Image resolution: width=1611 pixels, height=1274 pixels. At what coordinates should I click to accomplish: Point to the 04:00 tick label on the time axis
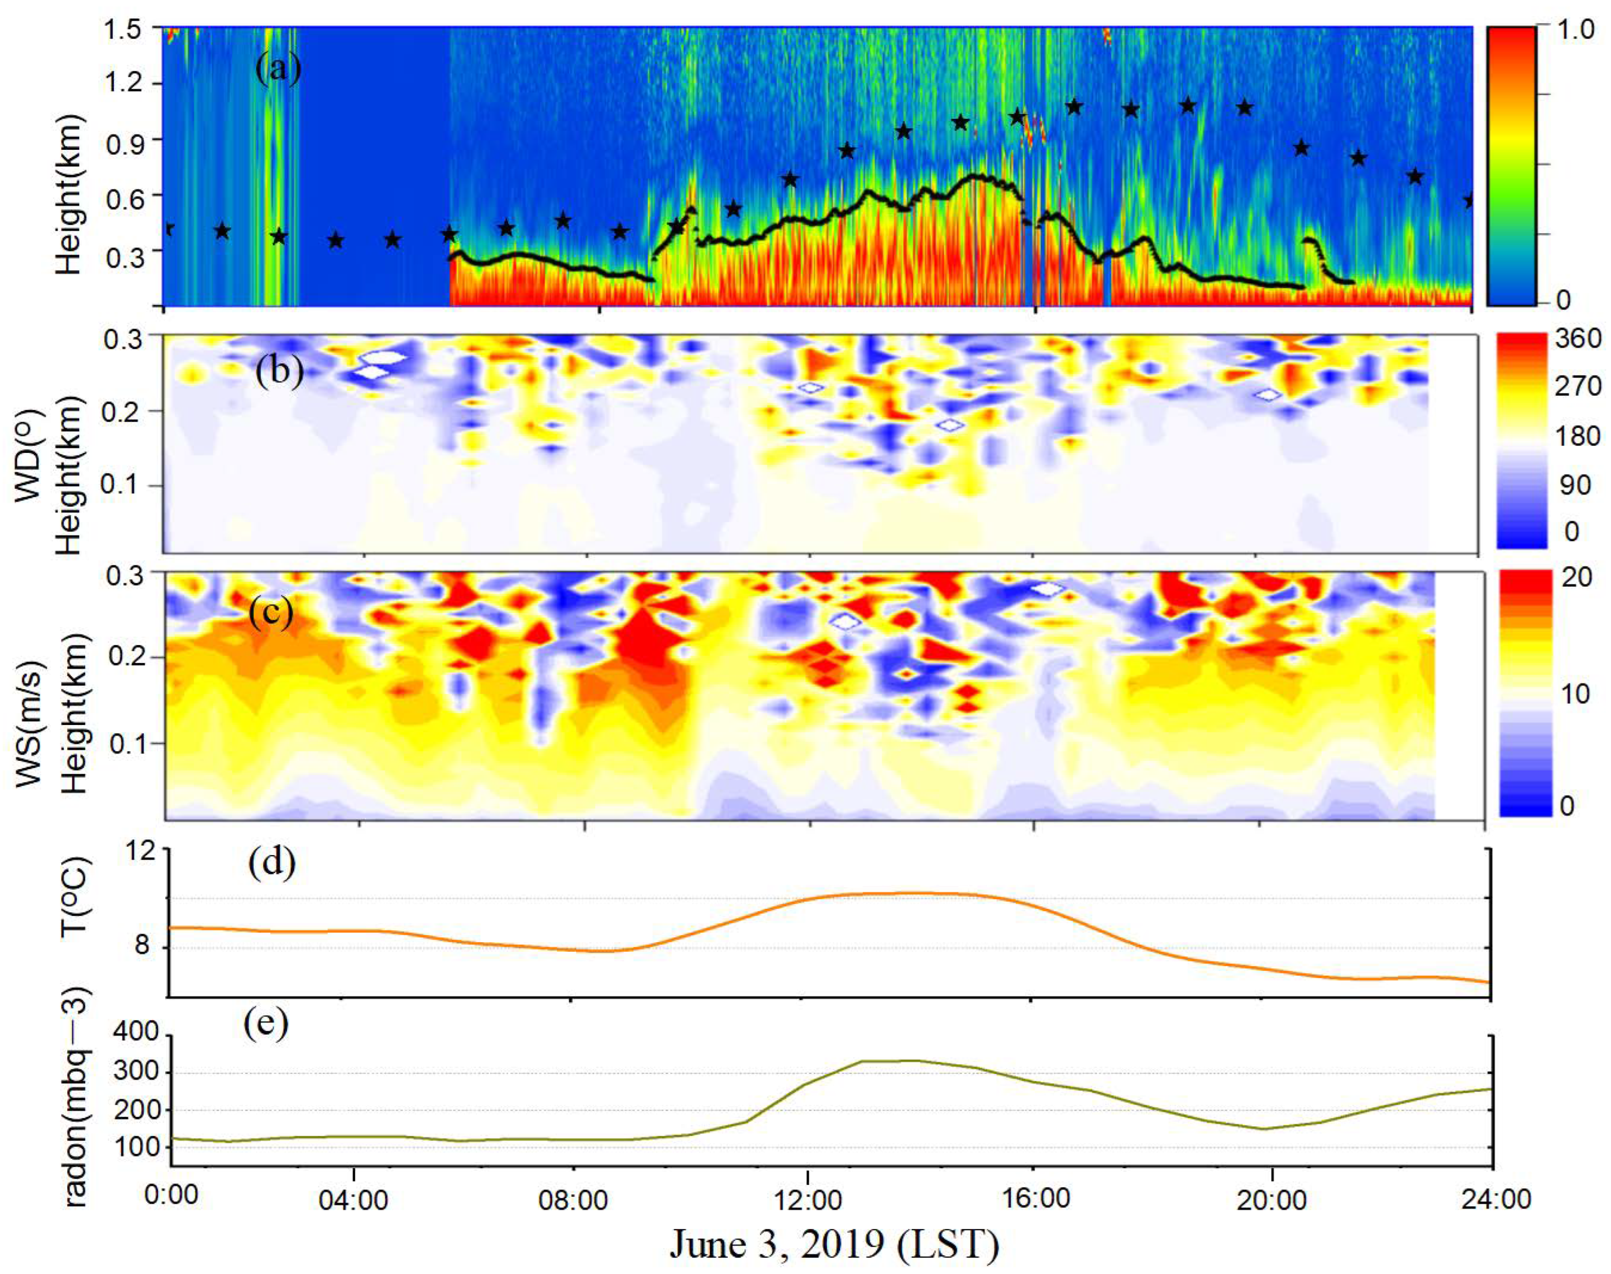coord(354,1200)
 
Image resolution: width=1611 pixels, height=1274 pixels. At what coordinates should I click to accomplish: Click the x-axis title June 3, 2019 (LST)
coord(834,1244)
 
